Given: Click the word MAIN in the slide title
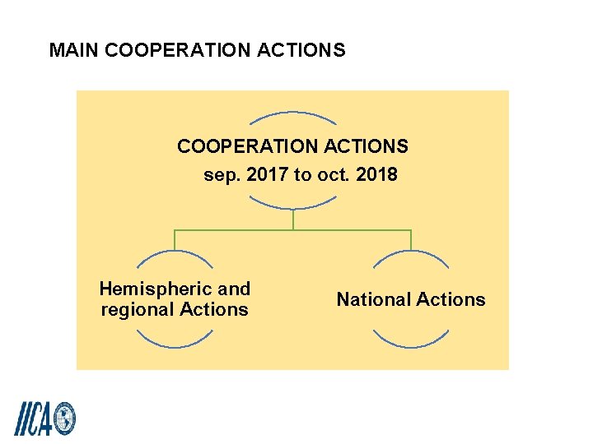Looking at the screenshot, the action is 75,50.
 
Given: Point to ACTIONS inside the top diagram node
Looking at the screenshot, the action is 367,147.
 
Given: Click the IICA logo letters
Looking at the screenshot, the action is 34,418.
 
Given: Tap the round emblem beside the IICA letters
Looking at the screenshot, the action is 64,419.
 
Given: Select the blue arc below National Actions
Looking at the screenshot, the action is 411,342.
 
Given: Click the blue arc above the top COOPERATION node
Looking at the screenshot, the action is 292,113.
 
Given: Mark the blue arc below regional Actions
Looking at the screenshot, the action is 175,342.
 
